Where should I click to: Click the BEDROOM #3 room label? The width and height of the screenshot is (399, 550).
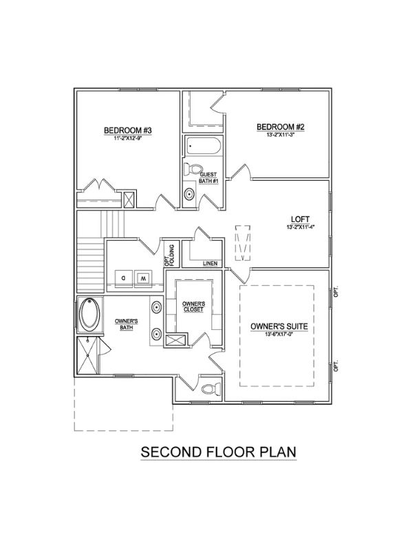[128, 131]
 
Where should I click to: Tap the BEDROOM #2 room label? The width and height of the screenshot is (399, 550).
[281, 127]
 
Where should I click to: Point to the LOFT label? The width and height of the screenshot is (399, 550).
[301, 220]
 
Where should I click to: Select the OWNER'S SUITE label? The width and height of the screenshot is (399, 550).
[279, 327]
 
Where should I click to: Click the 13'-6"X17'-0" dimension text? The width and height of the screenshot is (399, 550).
[279, 334]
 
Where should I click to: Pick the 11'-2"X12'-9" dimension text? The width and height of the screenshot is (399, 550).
[128, 138]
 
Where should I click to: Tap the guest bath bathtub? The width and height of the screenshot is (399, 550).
[203, 146]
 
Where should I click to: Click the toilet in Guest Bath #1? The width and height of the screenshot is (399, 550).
[193, 170]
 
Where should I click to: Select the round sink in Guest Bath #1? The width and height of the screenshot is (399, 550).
[189, 194]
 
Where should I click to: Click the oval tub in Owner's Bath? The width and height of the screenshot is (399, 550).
[89, 314]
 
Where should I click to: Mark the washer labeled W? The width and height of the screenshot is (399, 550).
[143, 278]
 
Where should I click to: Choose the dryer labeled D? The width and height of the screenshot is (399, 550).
[124, 278]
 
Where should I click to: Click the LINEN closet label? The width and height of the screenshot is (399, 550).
[211, 263]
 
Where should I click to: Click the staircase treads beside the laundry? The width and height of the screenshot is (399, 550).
[91, 265]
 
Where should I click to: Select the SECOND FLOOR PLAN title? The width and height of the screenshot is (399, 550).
[218, 452]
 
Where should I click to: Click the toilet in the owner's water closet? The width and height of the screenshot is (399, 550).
[211, 388]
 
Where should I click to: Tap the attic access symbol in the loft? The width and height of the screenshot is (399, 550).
[242, 243]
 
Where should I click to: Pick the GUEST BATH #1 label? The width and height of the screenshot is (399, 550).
[208, 178]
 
